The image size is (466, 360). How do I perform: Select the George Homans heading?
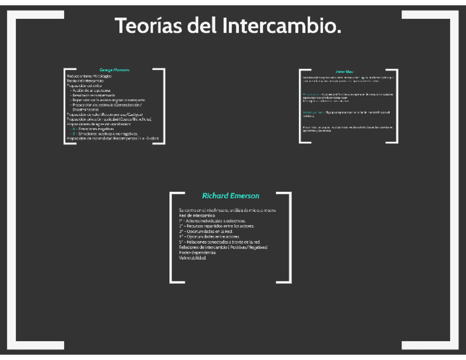pyautogui.click(x=114, y=70)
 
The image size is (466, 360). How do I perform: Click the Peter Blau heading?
pyautogui.click(x=345, y=71)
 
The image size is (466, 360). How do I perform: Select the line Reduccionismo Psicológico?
pyautogui.click(x=89, y=76)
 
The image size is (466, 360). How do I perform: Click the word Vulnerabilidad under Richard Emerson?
pyautogui.click(x=192, y=258)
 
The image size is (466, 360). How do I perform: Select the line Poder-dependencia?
pyautogui.click(x=196, y=252)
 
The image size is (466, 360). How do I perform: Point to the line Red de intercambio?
pyautogui.click(x=196, y=216)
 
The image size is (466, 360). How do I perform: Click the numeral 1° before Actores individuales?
pyautogui.click(x=181, y=221)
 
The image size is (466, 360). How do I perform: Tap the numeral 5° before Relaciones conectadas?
pyautogui.click(x=181, y=242)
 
